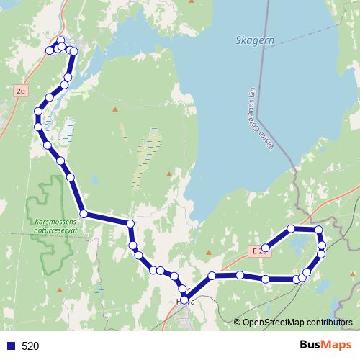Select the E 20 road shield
[257, 250]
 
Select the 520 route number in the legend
[31, 346]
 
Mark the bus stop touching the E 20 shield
[266, 248]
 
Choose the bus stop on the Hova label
[184, 300]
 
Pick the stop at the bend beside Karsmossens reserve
[84, 214]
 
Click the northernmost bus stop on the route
[60, 41]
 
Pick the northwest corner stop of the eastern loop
[291, 229]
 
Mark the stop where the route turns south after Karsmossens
[130, 225]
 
